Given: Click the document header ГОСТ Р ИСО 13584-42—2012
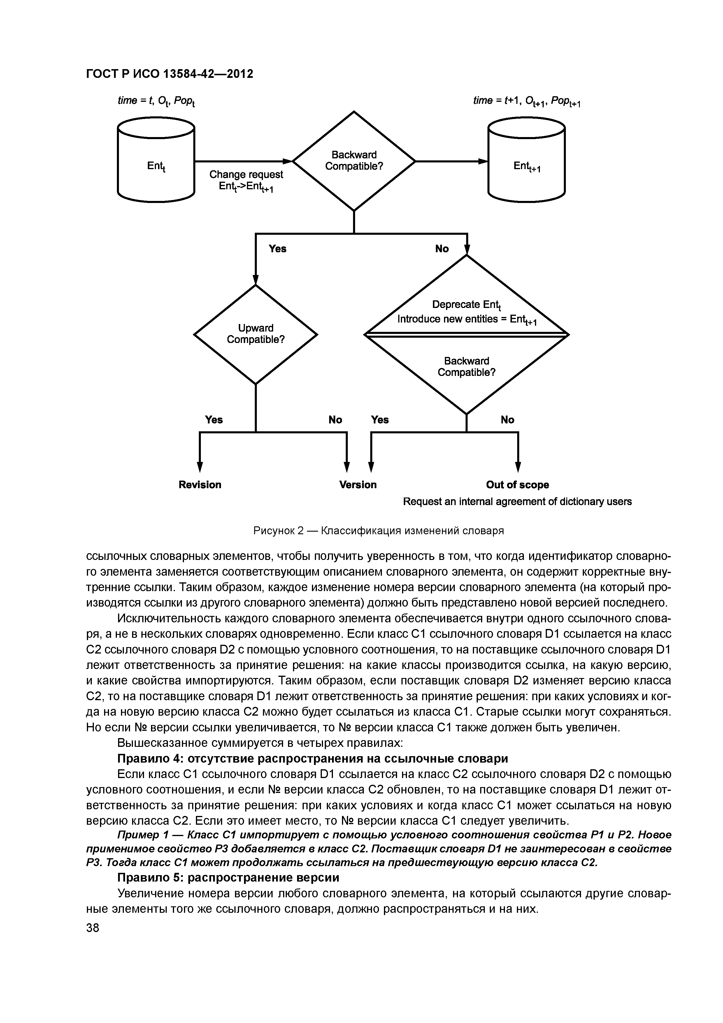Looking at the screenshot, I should [x=169, y=73].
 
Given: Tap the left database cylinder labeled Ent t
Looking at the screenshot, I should [x=156, y=160].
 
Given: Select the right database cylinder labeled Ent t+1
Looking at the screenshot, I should [x=527, y=160].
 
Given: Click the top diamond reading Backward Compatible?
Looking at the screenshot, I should [x=354, y=160].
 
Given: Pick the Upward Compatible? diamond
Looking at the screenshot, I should [x=255, y=334].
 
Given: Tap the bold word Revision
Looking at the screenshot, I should [x=200, y=484].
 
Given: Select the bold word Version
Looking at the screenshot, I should [x=358, y=484].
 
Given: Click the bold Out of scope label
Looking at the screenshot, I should [x=517, y=484].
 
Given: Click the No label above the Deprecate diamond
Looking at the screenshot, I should [x=442, y=249].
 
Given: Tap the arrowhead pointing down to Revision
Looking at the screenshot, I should [x=200, y=467].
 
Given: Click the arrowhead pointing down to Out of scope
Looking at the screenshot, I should [x=518, y=467].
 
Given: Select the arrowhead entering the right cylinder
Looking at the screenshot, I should [x=483, y=161].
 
